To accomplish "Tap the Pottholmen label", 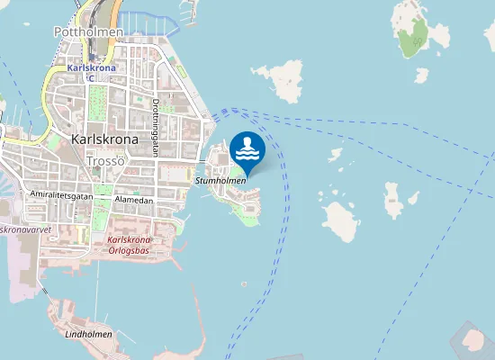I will [87, 31].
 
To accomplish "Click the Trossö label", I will [105, 161].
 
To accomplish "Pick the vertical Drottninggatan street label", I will [156, 128].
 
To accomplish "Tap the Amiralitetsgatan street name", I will [61, 194].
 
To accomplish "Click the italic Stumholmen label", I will [220, 181].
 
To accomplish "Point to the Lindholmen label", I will [89, 334].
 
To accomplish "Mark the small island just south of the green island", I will [421, 76].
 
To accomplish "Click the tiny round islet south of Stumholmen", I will [244, 285].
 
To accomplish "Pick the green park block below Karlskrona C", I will [96, 97].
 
